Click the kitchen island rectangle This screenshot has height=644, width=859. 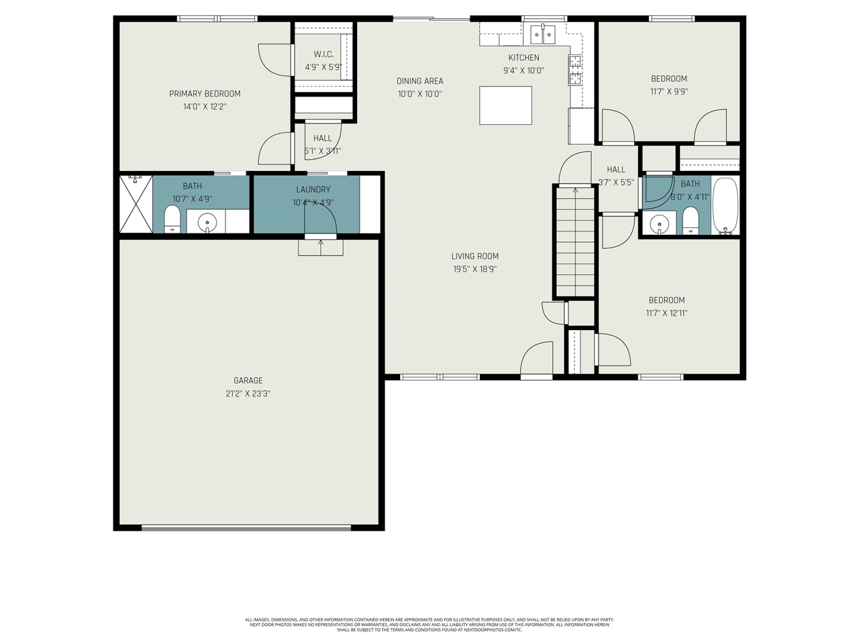tap(505, 105)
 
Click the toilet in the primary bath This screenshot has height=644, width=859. tap(172, 219)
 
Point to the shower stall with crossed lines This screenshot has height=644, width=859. tap(136, 204)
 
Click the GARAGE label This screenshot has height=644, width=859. tap(248, 380)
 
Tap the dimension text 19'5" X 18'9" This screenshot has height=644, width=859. tap(474, 269)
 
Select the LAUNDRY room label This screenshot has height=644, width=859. tap(313, 190)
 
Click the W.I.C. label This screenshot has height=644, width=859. tap(323, 54)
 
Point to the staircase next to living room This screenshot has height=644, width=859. tap(574, 241)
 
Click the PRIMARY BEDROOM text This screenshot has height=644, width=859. tap(205, 94)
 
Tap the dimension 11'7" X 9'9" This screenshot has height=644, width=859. tap(668, 91)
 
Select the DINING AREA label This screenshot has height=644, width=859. tap(419, 81)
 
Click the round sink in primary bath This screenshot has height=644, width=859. tap(207, 221)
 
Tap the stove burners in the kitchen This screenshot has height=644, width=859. tap(575, 70)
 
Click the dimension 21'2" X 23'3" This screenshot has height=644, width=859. tap(248, 394)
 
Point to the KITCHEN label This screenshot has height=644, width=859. tap(523, 58)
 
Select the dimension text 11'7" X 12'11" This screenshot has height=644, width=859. tap(666, 313)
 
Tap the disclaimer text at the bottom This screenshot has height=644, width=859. tap(429, 625)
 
